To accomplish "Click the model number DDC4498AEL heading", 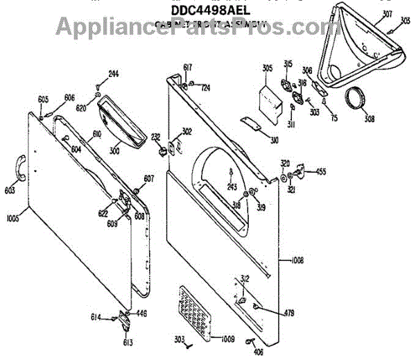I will coord(207,9).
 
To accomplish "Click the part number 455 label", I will coord(321,171).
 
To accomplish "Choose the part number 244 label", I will coord(114,74).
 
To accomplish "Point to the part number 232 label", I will coord(156,136).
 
